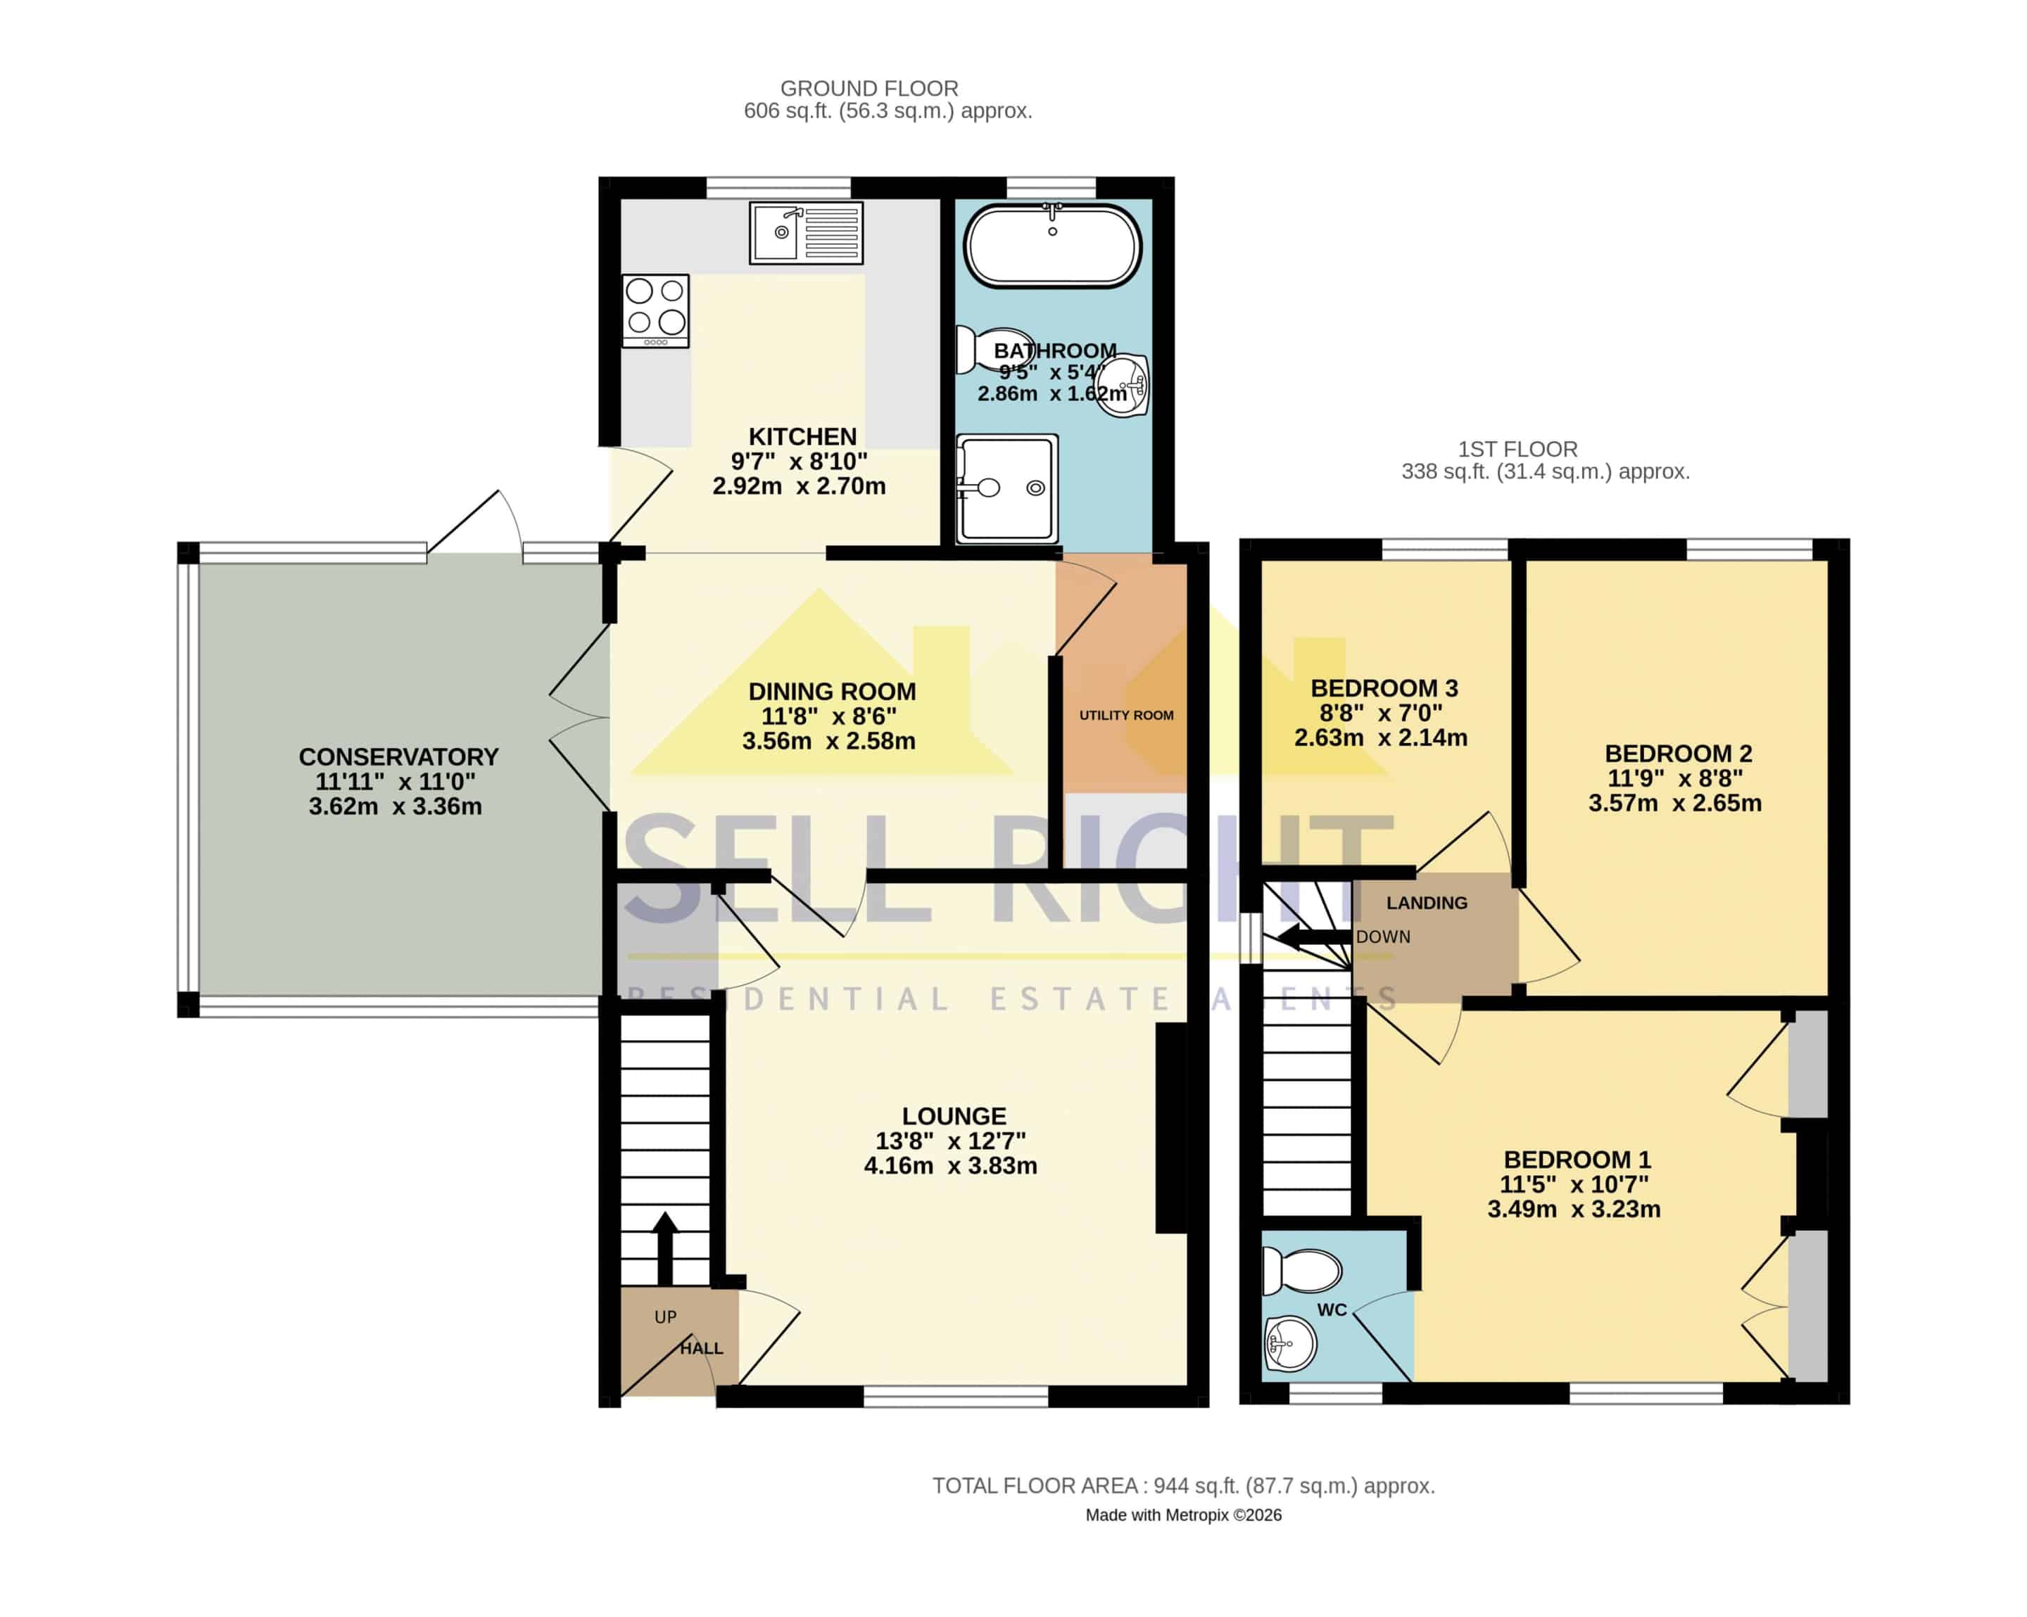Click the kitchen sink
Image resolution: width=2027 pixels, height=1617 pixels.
click(806, 232)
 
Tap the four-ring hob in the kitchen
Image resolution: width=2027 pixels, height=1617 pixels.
click(655, 310)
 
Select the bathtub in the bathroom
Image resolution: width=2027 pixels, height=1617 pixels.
click(1052, 246)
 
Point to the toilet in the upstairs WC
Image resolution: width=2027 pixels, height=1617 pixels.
click(1301, 1271)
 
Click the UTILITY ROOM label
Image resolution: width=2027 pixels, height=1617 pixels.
click(1126, 716)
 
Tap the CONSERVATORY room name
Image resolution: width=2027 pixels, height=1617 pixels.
click(398, 757)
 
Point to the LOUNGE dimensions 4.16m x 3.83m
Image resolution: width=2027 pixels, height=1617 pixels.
click(951, 1166)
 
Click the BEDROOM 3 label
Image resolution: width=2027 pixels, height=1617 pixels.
click(1384, 688)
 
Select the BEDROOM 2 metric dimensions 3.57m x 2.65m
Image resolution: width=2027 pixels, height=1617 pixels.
click(1675, 803)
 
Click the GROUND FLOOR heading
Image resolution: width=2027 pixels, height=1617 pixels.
click(870, 89)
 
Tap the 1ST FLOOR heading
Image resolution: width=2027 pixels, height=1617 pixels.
click(1517, 450)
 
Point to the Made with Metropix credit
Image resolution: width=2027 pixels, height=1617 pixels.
click(1184, 1516)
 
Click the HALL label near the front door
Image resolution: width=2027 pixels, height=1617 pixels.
click(702, 1348)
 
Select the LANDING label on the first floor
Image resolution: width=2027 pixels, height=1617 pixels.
click(1426, 903)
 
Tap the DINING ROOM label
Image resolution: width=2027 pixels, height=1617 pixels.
click(832, 692)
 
